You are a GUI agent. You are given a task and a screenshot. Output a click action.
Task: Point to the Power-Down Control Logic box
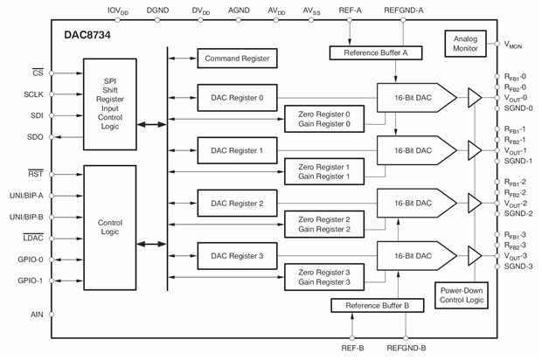point(461,297)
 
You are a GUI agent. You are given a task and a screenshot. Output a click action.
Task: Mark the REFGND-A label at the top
point(404,10)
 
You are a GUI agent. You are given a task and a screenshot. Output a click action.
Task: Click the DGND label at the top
point(158,10)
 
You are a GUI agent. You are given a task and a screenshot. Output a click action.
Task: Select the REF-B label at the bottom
point(351,348)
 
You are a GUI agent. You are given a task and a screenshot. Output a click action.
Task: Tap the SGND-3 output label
point(518,267)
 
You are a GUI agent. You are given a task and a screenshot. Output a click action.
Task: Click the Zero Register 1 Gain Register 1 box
point(323,171)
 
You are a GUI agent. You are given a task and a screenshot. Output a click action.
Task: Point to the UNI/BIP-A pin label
point(27,195)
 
